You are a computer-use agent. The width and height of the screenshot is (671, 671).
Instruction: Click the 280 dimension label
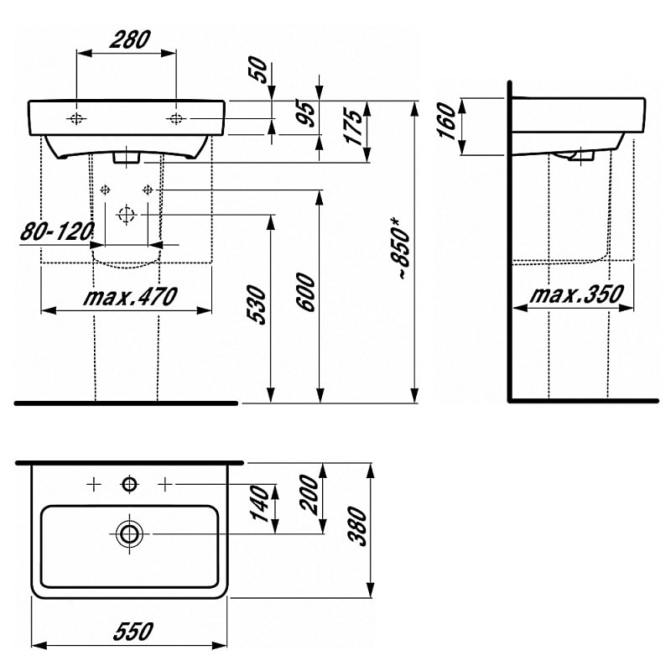coord(130,39)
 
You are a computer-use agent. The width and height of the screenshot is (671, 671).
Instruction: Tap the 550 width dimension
coord(133,632)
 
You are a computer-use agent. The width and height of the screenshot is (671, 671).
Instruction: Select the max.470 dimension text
coord(130,296)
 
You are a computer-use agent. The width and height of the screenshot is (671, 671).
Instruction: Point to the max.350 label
coord(576,294)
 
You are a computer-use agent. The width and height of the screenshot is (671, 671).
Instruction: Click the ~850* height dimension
coord(401,248)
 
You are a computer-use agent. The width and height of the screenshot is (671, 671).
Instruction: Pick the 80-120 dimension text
coord(57,232)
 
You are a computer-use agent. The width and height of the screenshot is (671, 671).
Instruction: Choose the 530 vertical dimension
coord(257,304)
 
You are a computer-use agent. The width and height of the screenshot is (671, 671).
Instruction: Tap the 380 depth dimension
coord(357,527)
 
